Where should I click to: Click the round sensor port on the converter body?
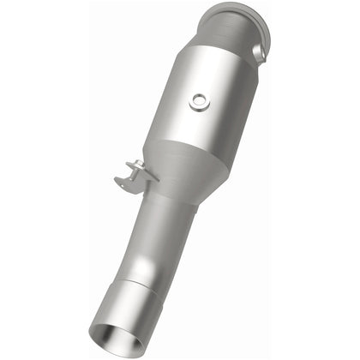click(x=199, y=101)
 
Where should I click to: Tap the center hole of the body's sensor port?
click(x=199, y=101)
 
